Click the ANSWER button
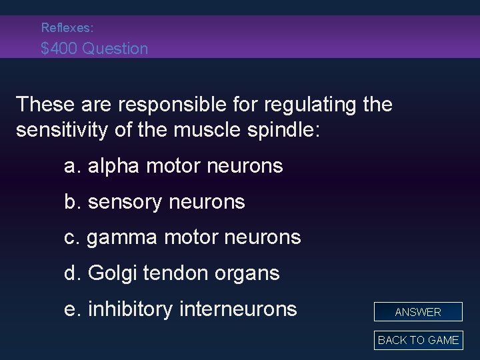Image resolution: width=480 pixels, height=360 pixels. [x=418, y=312]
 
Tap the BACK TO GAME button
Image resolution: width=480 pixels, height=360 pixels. [x=418, y=340]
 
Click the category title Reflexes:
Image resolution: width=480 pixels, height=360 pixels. [x=67, y=28]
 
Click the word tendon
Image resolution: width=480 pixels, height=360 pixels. [x=178, y=273]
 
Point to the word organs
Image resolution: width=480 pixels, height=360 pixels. [x=249, y=273]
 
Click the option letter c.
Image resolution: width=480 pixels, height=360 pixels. [x=72, y=237]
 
